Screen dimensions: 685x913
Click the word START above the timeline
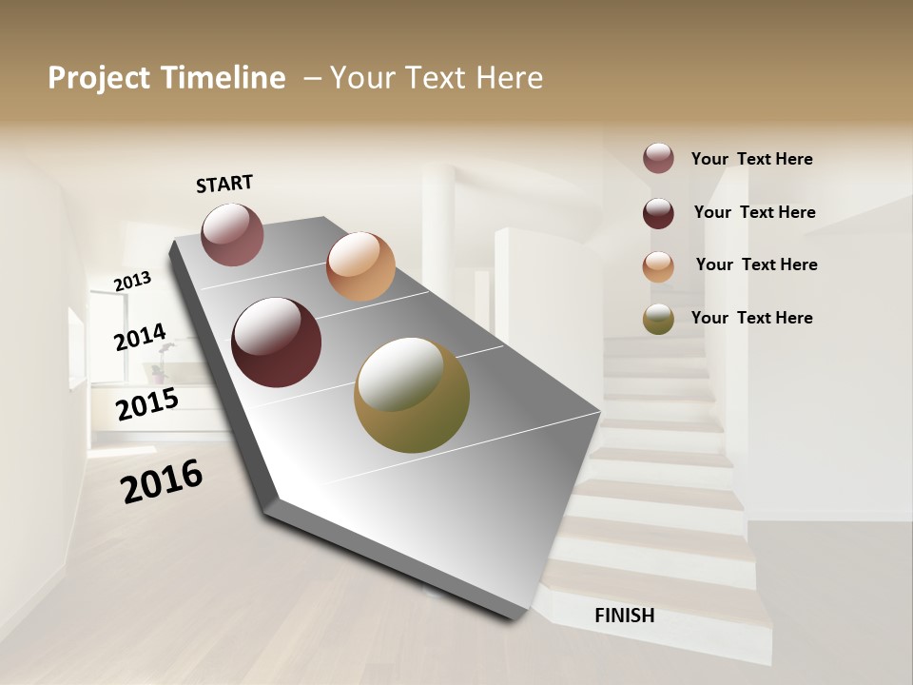224,184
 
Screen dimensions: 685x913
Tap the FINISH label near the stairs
624,616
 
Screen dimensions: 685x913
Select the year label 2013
132,281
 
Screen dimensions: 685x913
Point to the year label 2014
140,337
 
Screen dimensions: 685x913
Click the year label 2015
147,404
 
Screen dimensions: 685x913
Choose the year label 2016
162,481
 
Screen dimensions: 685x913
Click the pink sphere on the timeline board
232,234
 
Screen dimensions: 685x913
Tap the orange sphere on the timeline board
360,266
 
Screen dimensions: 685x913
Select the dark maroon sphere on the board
277,342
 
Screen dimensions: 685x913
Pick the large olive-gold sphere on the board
412,395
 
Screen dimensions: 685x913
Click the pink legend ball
658,158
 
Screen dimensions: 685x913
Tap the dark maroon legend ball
658,213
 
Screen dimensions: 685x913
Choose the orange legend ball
658,266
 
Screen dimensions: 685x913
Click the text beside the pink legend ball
751,159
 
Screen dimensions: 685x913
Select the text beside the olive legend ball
751,318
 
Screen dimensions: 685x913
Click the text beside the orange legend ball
756,264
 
